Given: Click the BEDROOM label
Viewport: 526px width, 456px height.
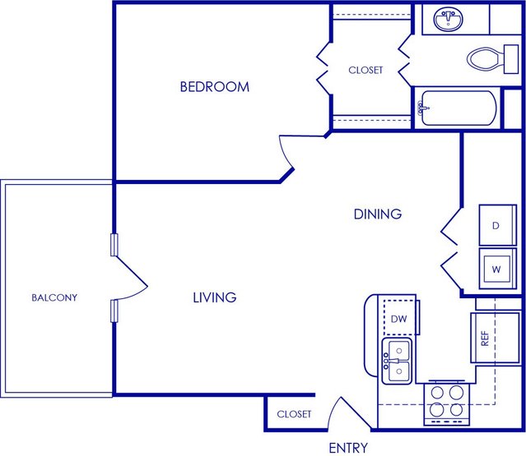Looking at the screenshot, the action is click(x=215, y=87).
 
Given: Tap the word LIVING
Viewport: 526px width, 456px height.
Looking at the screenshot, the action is click(x=215, y=297).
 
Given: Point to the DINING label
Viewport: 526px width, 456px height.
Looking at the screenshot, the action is click(x=378, y=214).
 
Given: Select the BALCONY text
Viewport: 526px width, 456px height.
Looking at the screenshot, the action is click(x=54, y=297).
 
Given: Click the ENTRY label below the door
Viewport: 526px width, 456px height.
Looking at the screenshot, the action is click(x=348, y=448).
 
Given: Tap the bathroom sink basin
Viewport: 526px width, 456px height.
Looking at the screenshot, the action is click(x=448, y=18).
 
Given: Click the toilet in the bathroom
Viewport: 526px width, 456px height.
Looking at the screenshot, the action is click(x=492, y=59).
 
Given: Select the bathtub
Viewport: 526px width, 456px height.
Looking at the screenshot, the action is click(x=459, y=108).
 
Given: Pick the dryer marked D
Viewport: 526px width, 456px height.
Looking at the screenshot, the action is click(x=497, y=225).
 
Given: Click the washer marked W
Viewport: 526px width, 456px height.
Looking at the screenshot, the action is click(x=497, y=269).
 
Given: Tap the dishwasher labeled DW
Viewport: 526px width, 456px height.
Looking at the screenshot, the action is click(x=399, y=318).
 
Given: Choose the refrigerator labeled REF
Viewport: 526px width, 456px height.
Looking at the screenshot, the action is click(x=496, y=338).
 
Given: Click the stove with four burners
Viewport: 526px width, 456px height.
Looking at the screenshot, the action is click(x=446, y=403).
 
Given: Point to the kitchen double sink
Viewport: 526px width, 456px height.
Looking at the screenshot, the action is click(x=397, y=361).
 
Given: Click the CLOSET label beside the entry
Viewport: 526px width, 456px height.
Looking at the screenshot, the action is click(x=294, y=414).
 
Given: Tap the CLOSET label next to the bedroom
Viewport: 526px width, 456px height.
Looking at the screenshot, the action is click(x=365, y=71).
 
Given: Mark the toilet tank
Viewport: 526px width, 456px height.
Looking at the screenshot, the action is click(x=511, y=59).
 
